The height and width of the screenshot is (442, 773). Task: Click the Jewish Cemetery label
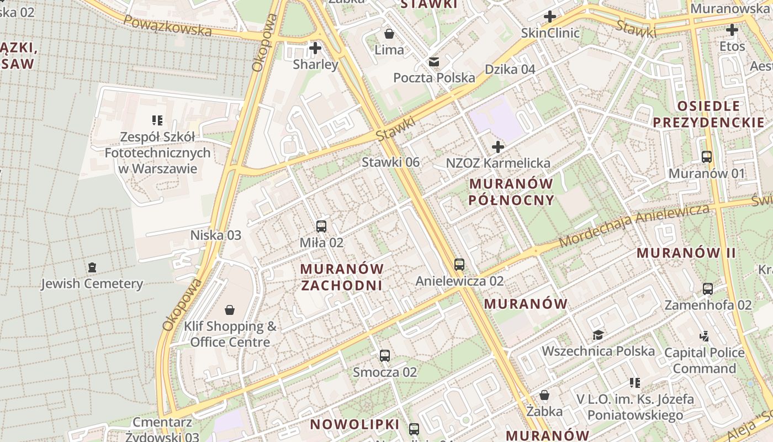click(x=92, y=284)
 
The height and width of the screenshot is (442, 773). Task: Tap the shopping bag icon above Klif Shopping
click(x=230, y=310)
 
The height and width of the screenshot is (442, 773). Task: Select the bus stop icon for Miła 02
click(x=321, y=227)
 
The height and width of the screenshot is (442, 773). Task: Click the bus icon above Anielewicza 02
click(x=459, y=265)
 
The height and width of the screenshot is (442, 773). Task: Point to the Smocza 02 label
click(x=385, y=372)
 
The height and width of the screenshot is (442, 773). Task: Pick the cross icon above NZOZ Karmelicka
click(x=498, y=147)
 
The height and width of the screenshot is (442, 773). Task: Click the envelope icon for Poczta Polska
click(x=434, y=61)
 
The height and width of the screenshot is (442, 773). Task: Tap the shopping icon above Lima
click(x=389, y=34)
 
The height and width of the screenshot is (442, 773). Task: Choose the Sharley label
click(x=315, y=65)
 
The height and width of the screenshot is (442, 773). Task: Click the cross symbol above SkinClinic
click(x=550, y=17)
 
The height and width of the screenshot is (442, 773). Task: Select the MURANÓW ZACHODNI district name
click(x=342, y=277)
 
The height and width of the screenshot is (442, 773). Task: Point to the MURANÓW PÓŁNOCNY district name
click(x=511, y=192)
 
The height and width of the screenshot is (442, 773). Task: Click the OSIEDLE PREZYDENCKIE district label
click(x=709, y=114)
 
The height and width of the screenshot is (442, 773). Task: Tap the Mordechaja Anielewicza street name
click(x=634, y=225)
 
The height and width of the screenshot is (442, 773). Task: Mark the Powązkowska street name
click(x=167, y=25)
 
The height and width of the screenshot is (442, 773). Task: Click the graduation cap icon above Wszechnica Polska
click(x=598, y=335)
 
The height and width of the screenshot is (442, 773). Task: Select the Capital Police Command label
click(x=704, y=360)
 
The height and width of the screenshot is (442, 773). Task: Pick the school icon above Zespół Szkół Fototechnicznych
click(x=157, y=120)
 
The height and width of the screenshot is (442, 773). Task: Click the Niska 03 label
click(x=216, y=235)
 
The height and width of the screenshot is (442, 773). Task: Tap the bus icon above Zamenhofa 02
click(x=708, y=288)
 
